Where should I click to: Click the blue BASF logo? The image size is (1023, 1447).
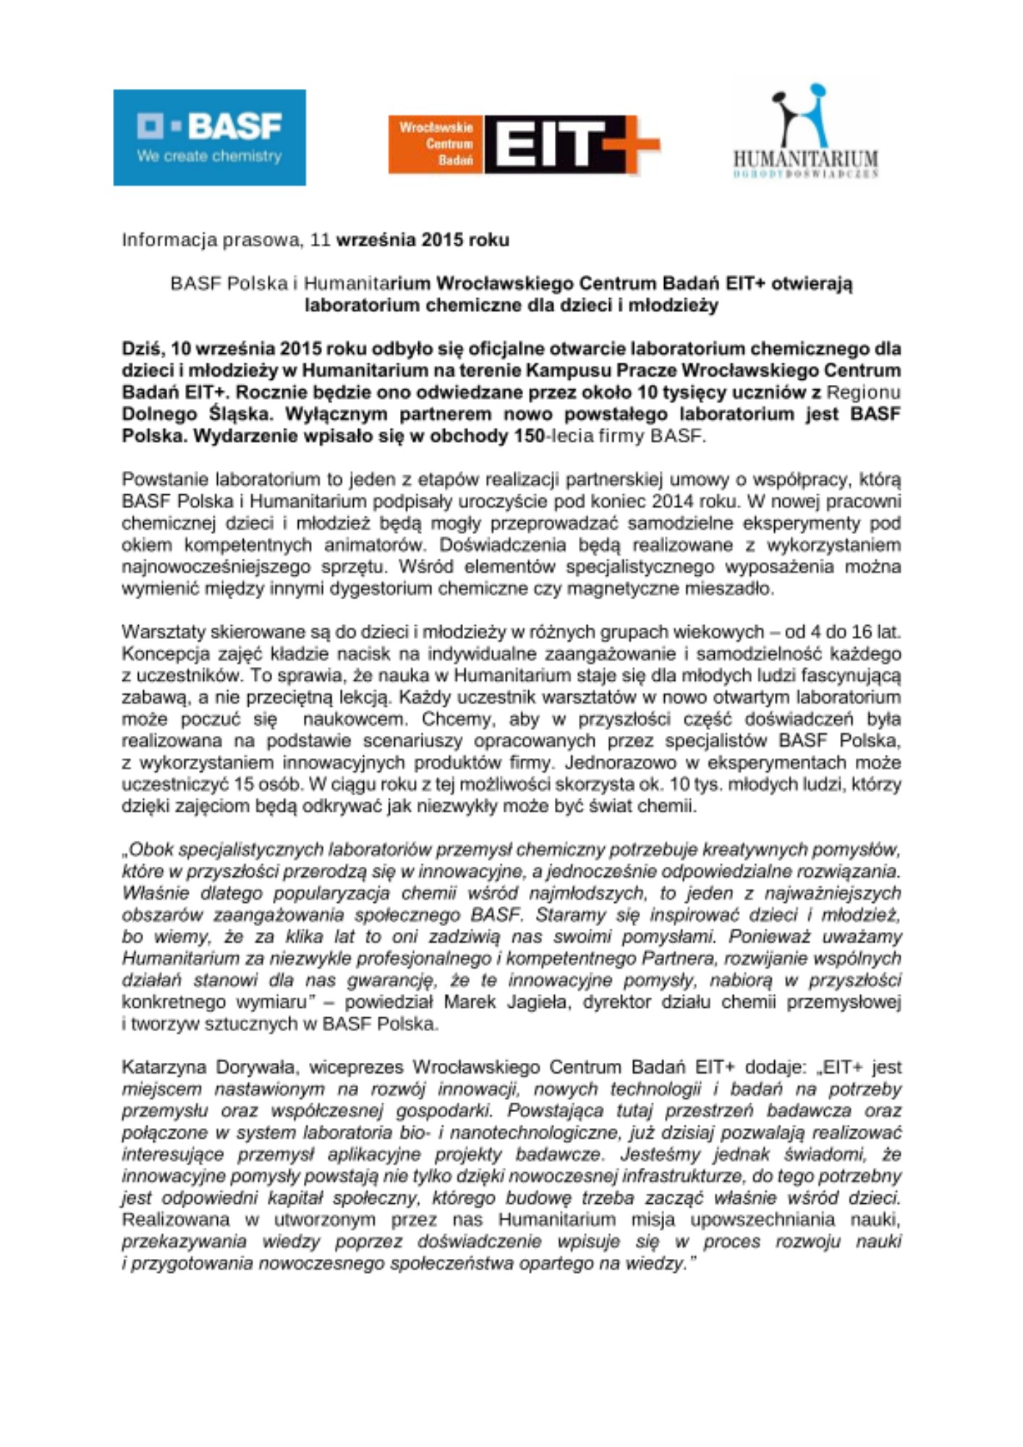tap(209, 137)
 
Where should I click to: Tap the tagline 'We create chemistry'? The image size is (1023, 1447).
tap(209, 156)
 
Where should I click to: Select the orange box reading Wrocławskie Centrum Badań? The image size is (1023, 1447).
tap(436, 144)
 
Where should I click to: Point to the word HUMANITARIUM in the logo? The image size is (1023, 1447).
tap(805, 158)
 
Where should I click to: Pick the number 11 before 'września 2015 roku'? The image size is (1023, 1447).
tap(320, 240)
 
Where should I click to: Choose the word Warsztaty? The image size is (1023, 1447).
tap(164, 632)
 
